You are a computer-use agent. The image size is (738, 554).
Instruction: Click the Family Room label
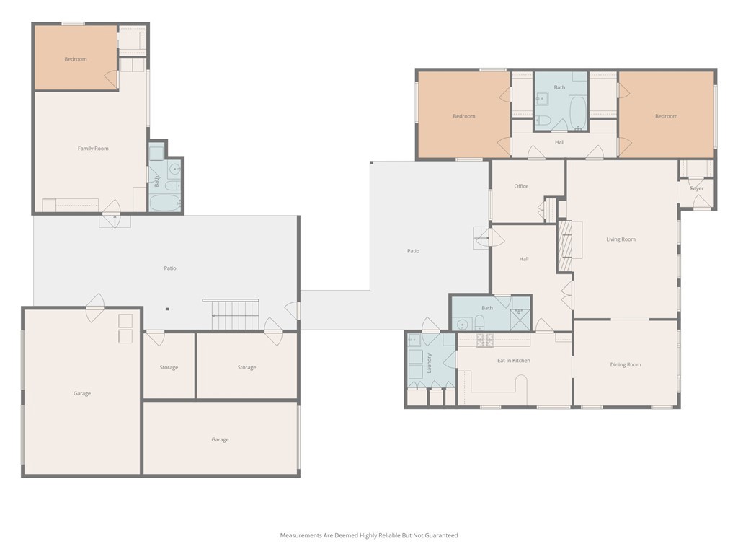point(93,149)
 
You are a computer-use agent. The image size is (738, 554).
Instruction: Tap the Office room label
point(521,186)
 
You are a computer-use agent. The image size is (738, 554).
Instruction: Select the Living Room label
point(621,239)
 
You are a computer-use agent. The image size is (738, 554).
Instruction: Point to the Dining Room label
point(626,364)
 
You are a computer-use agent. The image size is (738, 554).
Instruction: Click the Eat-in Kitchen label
point(514,361)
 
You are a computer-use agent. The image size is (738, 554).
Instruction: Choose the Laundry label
point(430,364)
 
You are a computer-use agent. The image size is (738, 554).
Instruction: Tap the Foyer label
point(697,188)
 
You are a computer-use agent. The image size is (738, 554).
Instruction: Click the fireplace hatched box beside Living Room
point(565,246)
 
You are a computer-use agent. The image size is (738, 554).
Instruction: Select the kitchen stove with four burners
point(485,340)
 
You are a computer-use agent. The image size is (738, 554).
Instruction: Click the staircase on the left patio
point(236,315)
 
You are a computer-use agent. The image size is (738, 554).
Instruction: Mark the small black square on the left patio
point(167,309)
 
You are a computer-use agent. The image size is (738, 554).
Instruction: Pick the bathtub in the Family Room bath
point(165,203)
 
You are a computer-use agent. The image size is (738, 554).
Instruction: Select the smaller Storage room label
point(169,367)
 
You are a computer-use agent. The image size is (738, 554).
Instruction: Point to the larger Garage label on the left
point(82,393)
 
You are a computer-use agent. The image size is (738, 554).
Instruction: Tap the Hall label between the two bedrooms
point(559,142)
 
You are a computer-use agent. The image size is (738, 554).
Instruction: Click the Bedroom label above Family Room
point(76,59)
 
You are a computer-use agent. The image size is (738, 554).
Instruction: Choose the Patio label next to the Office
point(413,251)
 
